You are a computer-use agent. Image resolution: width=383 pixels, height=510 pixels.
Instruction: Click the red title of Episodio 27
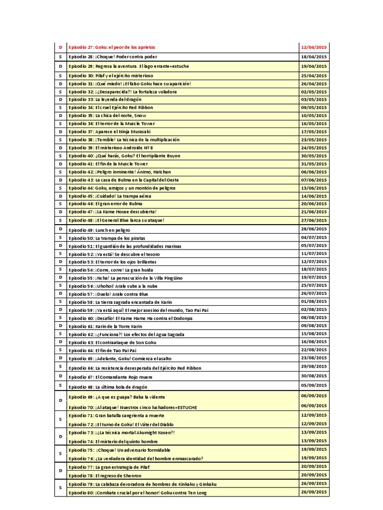112,47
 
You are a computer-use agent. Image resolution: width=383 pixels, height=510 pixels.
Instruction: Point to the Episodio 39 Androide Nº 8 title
111,148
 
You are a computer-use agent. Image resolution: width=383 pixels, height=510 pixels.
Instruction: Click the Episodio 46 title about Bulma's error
105,204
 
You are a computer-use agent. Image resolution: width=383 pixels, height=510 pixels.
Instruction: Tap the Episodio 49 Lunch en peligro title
99,231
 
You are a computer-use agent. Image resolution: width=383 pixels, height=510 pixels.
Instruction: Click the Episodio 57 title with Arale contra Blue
108,294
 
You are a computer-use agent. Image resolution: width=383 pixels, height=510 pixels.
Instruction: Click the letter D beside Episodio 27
60,47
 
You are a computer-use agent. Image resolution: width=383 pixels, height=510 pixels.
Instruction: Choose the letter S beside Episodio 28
60,57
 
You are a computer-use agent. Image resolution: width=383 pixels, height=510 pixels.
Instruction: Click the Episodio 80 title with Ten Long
137,493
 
